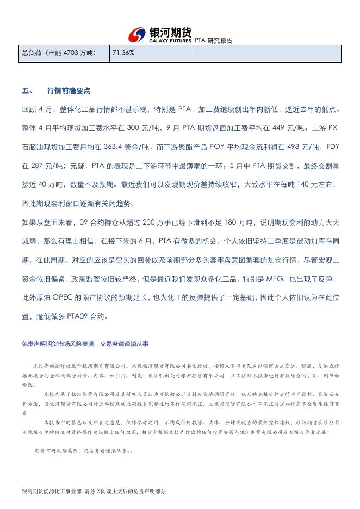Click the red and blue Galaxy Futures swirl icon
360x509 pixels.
click(x=137, y=35)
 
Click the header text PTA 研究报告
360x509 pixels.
click(x=213, y=41)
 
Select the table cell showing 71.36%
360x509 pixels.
click(x=123, y=53)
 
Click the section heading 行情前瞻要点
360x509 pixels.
click(x=69, y=91)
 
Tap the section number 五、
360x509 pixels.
click(x=27, y=91)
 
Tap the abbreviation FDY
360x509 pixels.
click(x=331, y=147)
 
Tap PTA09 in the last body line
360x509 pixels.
click(x=78, y=316)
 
